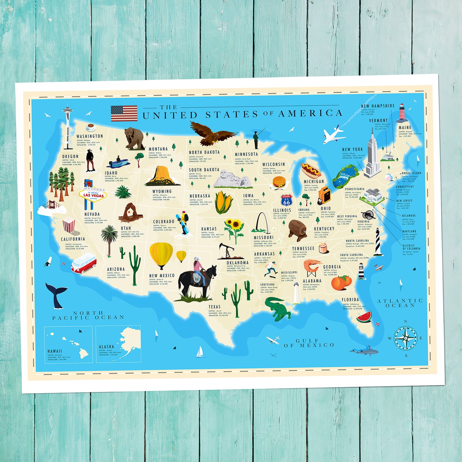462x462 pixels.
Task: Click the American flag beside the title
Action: pos(124,114)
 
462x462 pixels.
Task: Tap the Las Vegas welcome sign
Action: pos(93,194)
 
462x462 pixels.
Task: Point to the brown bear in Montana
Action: pos(134,138)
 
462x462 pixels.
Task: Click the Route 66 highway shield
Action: pos(286,200)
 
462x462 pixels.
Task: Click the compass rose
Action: pos(405,338)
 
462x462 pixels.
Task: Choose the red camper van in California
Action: pos(83,263)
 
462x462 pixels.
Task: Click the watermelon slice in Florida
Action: pos(364,316)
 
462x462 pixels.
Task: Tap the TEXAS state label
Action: pos(215,307)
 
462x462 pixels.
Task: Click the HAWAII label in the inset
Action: pos(55,351)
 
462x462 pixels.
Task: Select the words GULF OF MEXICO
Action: pos(309,343)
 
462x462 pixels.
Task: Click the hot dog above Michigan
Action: pos(311,170)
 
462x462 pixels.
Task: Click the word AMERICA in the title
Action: pos(310,113)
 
